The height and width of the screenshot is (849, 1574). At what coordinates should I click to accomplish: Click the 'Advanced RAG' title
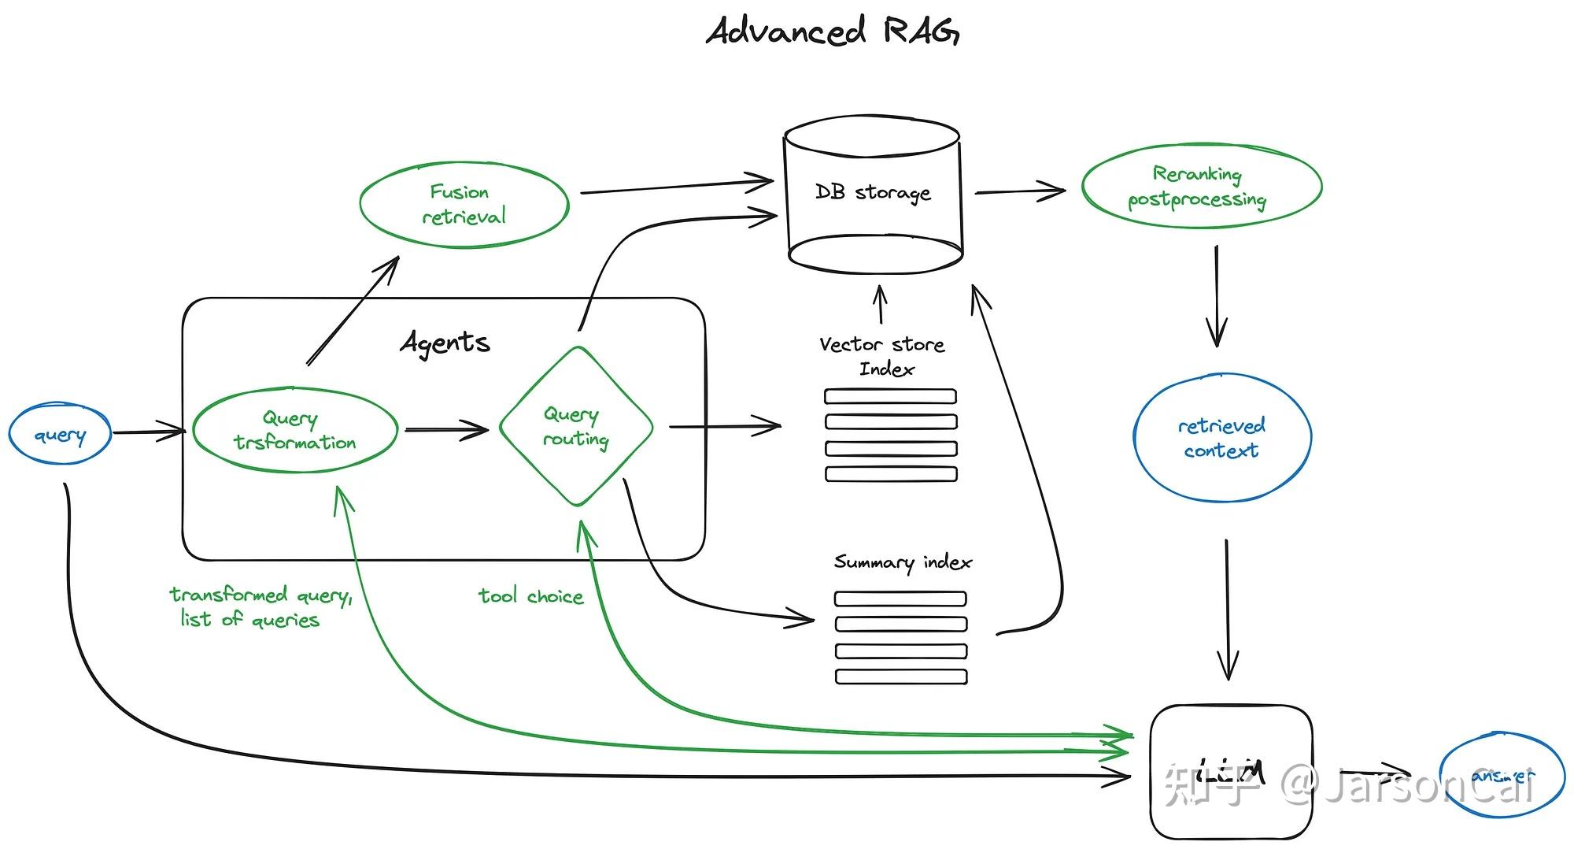point(833,32)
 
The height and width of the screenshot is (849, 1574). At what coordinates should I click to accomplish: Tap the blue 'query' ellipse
point(60,434)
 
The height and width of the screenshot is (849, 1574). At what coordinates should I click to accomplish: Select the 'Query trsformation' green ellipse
point(294,430)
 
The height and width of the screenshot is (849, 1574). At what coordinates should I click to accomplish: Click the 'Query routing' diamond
point(576,426)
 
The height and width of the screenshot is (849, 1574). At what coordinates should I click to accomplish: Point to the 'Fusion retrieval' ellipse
point(464,204)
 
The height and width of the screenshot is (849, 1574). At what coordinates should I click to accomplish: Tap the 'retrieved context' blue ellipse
point(1221,438)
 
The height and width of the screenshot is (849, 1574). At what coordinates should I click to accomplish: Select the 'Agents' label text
point(445,343)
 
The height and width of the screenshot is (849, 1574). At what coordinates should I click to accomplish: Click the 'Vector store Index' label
point(883,356)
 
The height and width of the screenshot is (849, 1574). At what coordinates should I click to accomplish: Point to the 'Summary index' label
point(903,562)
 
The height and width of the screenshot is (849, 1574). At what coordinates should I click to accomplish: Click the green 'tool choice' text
point(531,596)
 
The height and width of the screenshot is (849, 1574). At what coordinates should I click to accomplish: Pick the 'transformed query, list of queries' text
point(260,606)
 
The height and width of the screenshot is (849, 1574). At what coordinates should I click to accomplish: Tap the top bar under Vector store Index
point(890,396)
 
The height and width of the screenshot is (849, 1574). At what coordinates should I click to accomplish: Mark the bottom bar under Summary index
point(901,677)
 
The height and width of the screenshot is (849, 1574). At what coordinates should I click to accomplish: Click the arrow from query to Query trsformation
point(148,432)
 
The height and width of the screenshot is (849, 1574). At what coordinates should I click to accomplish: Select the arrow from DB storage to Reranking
point(1019,191)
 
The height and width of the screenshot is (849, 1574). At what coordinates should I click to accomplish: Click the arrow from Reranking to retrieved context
point(1217,295)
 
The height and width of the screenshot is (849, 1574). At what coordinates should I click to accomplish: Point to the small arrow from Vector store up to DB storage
point(881,305)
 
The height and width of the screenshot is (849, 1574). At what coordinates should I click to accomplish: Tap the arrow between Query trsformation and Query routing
point(446,429)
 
